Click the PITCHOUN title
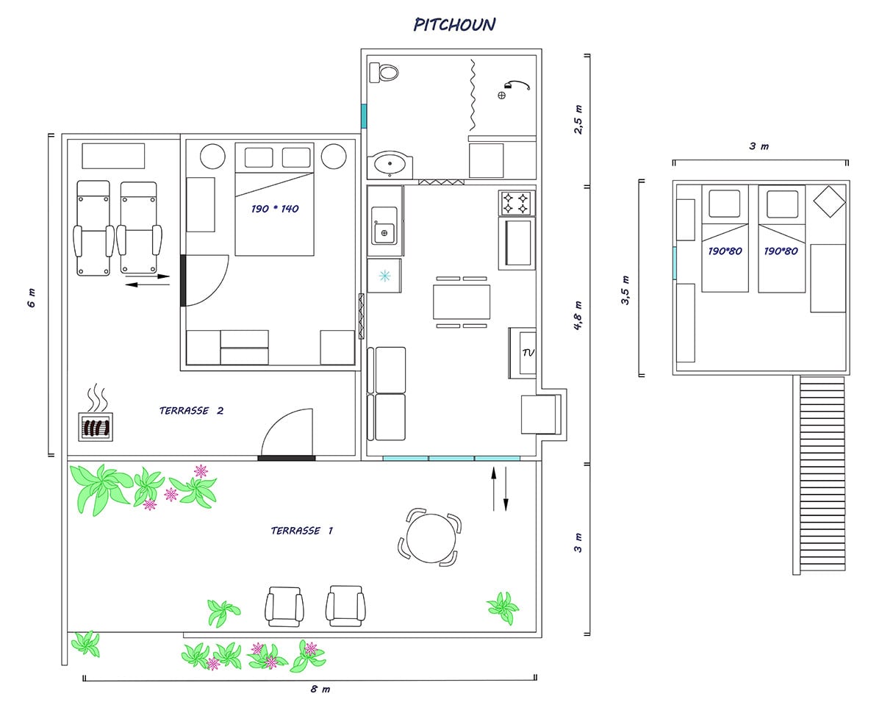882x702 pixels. point(454,24)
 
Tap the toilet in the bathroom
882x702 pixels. point(384,73)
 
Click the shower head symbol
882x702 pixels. point(517,85)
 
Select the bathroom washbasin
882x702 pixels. point(390,165)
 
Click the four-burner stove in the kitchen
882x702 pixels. point(517,203)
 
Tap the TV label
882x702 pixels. point(528,353)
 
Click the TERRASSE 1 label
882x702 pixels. point(301,531)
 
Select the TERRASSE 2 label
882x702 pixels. point(191,410)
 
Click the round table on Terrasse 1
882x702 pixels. point(431,538)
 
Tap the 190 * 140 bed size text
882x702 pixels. point(275,209)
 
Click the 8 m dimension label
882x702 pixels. point(320,689)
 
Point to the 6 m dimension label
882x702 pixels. point(32,298)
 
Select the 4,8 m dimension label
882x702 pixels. point(578,316)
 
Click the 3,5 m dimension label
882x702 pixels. point(625,290)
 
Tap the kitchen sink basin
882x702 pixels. point(384,232)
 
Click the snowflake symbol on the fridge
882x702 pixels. point(384,276)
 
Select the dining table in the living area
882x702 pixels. point(462,302)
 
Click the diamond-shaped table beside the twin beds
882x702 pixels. point(829,201)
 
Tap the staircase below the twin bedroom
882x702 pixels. point(820,476)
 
